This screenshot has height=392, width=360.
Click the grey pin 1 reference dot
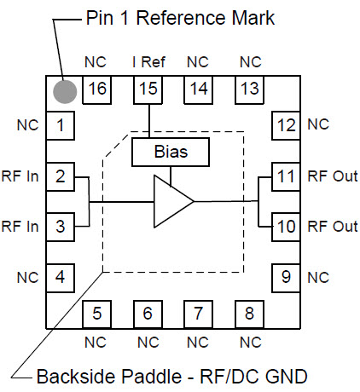click(65, 92)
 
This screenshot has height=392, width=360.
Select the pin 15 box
click(148, 89)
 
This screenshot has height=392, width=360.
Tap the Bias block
click(171, 152)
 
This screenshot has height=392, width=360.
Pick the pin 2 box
click(61, 176)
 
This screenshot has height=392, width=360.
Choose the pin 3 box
click(61, 227)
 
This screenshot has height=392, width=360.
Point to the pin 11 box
click(286, 176)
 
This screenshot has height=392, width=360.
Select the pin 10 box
click(286, 227)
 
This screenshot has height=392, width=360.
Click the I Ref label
click(148, 62)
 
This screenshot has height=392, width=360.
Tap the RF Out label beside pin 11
click(333, 176)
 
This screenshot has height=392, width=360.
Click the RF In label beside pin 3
click(20, 227)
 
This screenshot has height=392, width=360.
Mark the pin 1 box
click(61, 125)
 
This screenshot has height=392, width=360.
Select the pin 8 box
click(249, 314)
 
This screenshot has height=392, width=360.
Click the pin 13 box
click(249, 89)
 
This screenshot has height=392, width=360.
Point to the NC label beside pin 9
click(318, 277)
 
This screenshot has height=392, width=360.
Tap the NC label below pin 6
click(148, 343)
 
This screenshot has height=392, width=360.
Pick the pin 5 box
click(96, 314)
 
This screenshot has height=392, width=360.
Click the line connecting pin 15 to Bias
click(149, 121)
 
